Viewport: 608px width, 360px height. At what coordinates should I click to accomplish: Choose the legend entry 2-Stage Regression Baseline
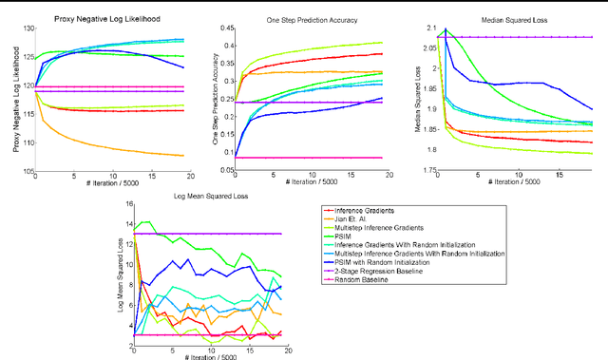pyautogui.click(x=389, y=272)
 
